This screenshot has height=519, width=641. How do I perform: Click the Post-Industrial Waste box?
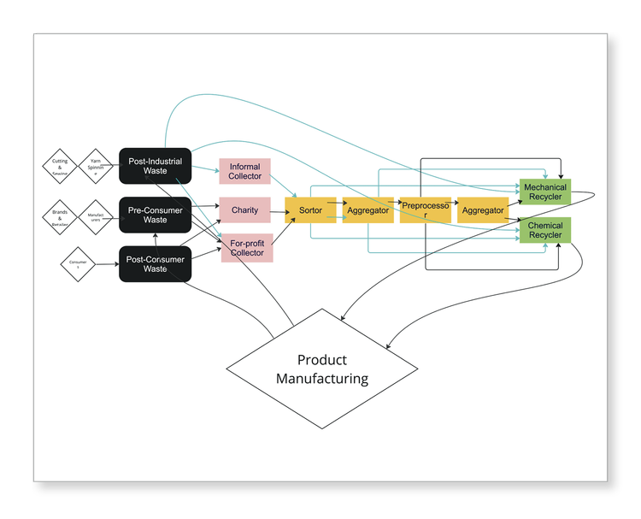(x=155, y=166)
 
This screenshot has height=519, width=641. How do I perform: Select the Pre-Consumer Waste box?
(x=155, y=215)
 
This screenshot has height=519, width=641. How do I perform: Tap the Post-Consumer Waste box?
(x=155, y=263)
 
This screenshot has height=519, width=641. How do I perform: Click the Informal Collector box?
(x=245, y=171)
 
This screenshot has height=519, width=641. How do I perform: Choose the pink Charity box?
(x=245, y=209)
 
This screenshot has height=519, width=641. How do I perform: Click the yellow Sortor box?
(x=311, y=209)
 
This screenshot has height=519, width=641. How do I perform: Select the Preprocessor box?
(x=425, y=209)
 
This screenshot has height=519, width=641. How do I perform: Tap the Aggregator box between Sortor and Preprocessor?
(x=368, y=209)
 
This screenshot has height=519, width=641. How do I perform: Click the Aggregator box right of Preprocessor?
(x=483, y=209)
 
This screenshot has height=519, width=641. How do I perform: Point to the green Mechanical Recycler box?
(x=544, y=192)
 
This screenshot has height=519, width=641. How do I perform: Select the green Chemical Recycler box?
(x=544, y=230)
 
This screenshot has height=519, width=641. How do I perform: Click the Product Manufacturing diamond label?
(x=321, y=369)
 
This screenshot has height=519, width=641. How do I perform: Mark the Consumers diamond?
(x=77, y=265)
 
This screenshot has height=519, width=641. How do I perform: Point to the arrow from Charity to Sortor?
(x=278, y=209)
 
